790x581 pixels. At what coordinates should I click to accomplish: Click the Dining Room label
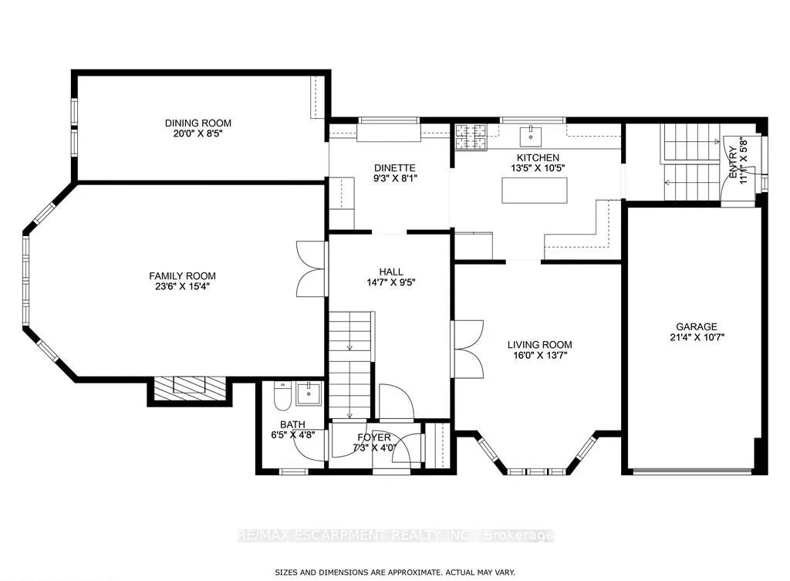198,123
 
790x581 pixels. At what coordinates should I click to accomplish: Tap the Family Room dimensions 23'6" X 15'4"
182,287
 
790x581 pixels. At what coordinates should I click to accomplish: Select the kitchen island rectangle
535,191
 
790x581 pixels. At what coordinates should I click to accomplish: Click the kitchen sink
531,136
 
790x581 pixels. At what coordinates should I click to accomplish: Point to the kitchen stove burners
471,137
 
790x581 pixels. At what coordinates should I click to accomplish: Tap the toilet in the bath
281,397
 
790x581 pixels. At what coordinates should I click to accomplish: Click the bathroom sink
309,394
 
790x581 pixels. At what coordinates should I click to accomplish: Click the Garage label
697,326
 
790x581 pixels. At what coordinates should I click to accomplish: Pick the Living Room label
539,345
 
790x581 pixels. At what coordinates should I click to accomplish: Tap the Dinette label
395,167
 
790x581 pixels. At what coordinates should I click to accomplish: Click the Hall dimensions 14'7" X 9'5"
391,282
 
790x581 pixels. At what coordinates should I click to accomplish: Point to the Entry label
733,162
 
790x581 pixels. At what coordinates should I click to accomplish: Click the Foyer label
374,437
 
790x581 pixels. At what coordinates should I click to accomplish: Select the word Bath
292,424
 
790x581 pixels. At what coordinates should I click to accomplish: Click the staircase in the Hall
351,364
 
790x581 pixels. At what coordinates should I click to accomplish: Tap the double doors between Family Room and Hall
310,268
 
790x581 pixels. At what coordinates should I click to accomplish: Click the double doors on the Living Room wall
468,350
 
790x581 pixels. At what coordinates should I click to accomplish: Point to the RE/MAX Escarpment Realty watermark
395,535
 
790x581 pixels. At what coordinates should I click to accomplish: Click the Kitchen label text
538,157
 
